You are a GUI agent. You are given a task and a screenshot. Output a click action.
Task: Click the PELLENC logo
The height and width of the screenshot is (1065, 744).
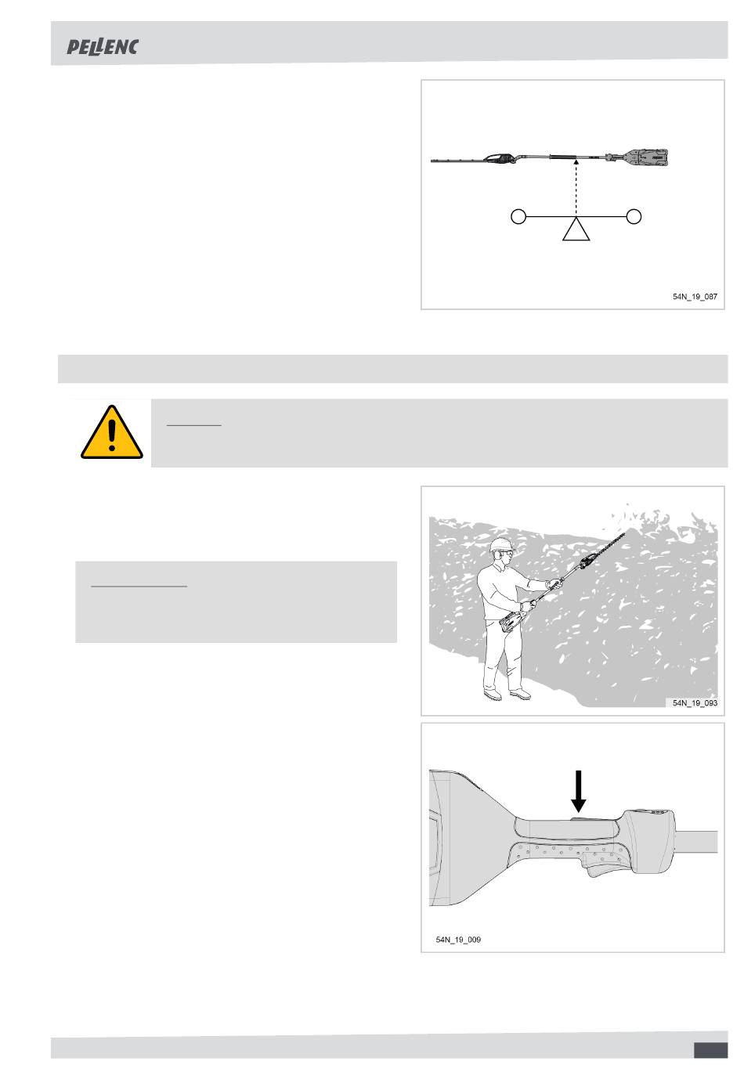coord(103,47)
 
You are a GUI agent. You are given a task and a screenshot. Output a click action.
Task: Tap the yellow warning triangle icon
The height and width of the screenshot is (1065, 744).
coord(112,431)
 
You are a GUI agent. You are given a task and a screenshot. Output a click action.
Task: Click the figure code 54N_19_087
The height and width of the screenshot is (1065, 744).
coord(695,297)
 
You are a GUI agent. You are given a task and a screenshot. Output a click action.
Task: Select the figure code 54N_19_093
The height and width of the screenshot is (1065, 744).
coord(695,702)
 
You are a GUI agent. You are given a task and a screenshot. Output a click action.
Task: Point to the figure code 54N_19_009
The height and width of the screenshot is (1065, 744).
coord(458,940)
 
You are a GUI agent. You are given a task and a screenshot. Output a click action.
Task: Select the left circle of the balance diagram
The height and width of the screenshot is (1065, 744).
coord(518,217)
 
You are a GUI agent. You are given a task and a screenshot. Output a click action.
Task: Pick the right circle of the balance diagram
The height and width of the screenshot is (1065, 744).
coord(634,217)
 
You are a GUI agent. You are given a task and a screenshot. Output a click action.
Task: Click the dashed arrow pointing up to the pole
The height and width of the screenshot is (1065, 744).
coord(576,188)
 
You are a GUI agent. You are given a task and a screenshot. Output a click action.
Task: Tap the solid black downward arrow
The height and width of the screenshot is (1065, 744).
coord(578,791)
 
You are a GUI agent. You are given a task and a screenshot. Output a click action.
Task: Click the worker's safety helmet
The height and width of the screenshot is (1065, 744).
coord(501,544)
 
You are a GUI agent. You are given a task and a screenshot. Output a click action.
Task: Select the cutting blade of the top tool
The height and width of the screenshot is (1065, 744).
coord(458,161)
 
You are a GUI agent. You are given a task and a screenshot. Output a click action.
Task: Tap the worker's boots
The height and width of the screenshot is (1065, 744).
coord(507,695)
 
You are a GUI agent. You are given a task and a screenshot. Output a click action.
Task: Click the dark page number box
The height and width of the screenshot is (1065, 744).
coord(711,1050)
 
